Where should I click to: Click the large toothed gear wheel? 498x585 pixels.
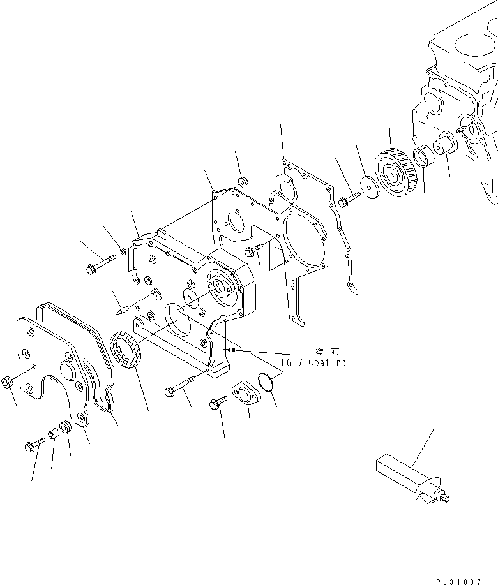click(391, 172)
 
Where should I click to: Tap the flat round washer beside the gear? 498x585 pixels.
click(368, 184)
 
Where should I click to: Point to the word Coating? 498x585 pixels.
click(324, 362)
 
